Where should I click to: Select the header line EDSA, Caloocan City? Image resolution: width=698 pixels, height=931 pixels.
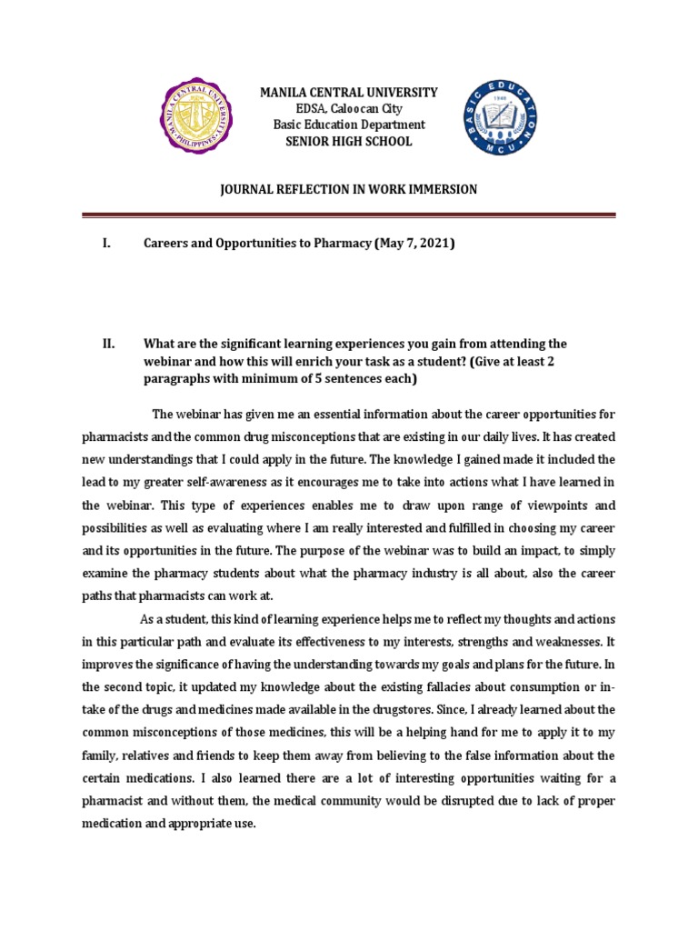(349, 109)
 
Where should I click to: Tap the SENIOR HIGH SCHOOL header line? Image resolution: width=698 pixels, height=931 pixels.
(349, 142)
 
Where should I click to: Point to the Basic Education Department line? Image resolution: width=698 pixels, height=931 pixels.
(349, 125)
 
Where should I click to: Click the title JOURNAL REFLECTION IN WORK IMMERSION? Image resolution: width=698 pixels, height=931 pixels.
(349, 189)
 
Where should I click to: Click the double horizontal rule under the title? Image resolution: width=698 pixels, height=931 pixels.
(349, 215)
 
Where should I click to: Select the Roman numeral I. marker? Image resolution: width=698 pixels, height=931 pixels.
(106, 245)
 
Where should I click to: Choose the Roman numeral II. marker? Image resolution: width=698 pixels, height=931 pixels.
(108, 344)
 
